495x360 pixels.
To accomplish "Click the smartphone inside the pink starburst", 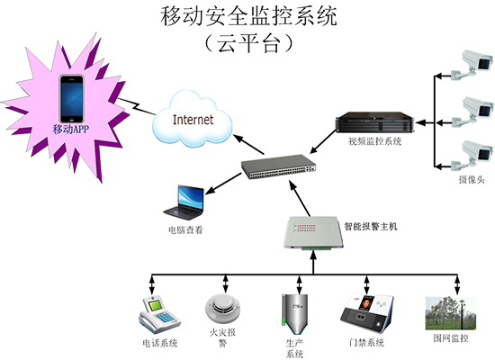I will (x=72, y=99).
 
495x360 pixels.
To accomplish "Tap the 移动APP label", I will (x=72, y=130).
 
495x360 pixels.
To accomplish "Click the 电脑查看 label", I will (x=185, y=229).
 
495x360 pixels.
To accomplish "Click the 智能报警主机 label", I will (x=371, y=227).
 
